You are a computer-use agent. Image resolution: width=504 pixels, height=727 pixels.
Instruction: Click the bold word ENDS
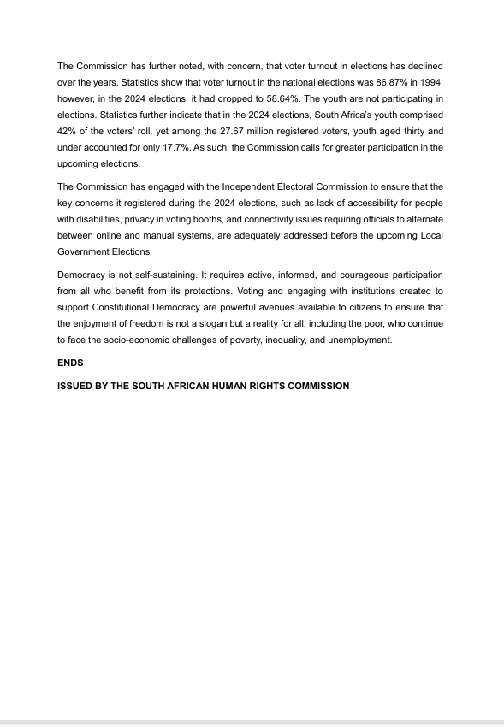[70, 363]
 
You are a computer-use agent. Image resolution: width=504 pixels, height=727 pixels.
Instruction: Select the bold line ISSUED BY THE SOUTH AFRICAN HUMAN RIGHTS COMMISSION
[203, 386]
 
